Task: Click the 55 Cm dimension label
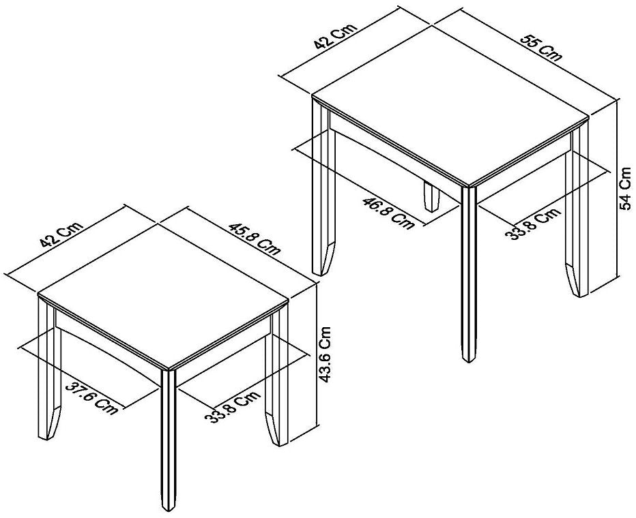click(x=542, y=47)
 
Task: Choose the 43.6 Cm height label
click(x=326, y=354)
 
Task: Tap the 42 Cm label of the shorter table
click(x=60, y=232)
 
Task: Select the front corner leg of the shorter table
click(x=168, y=436)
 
